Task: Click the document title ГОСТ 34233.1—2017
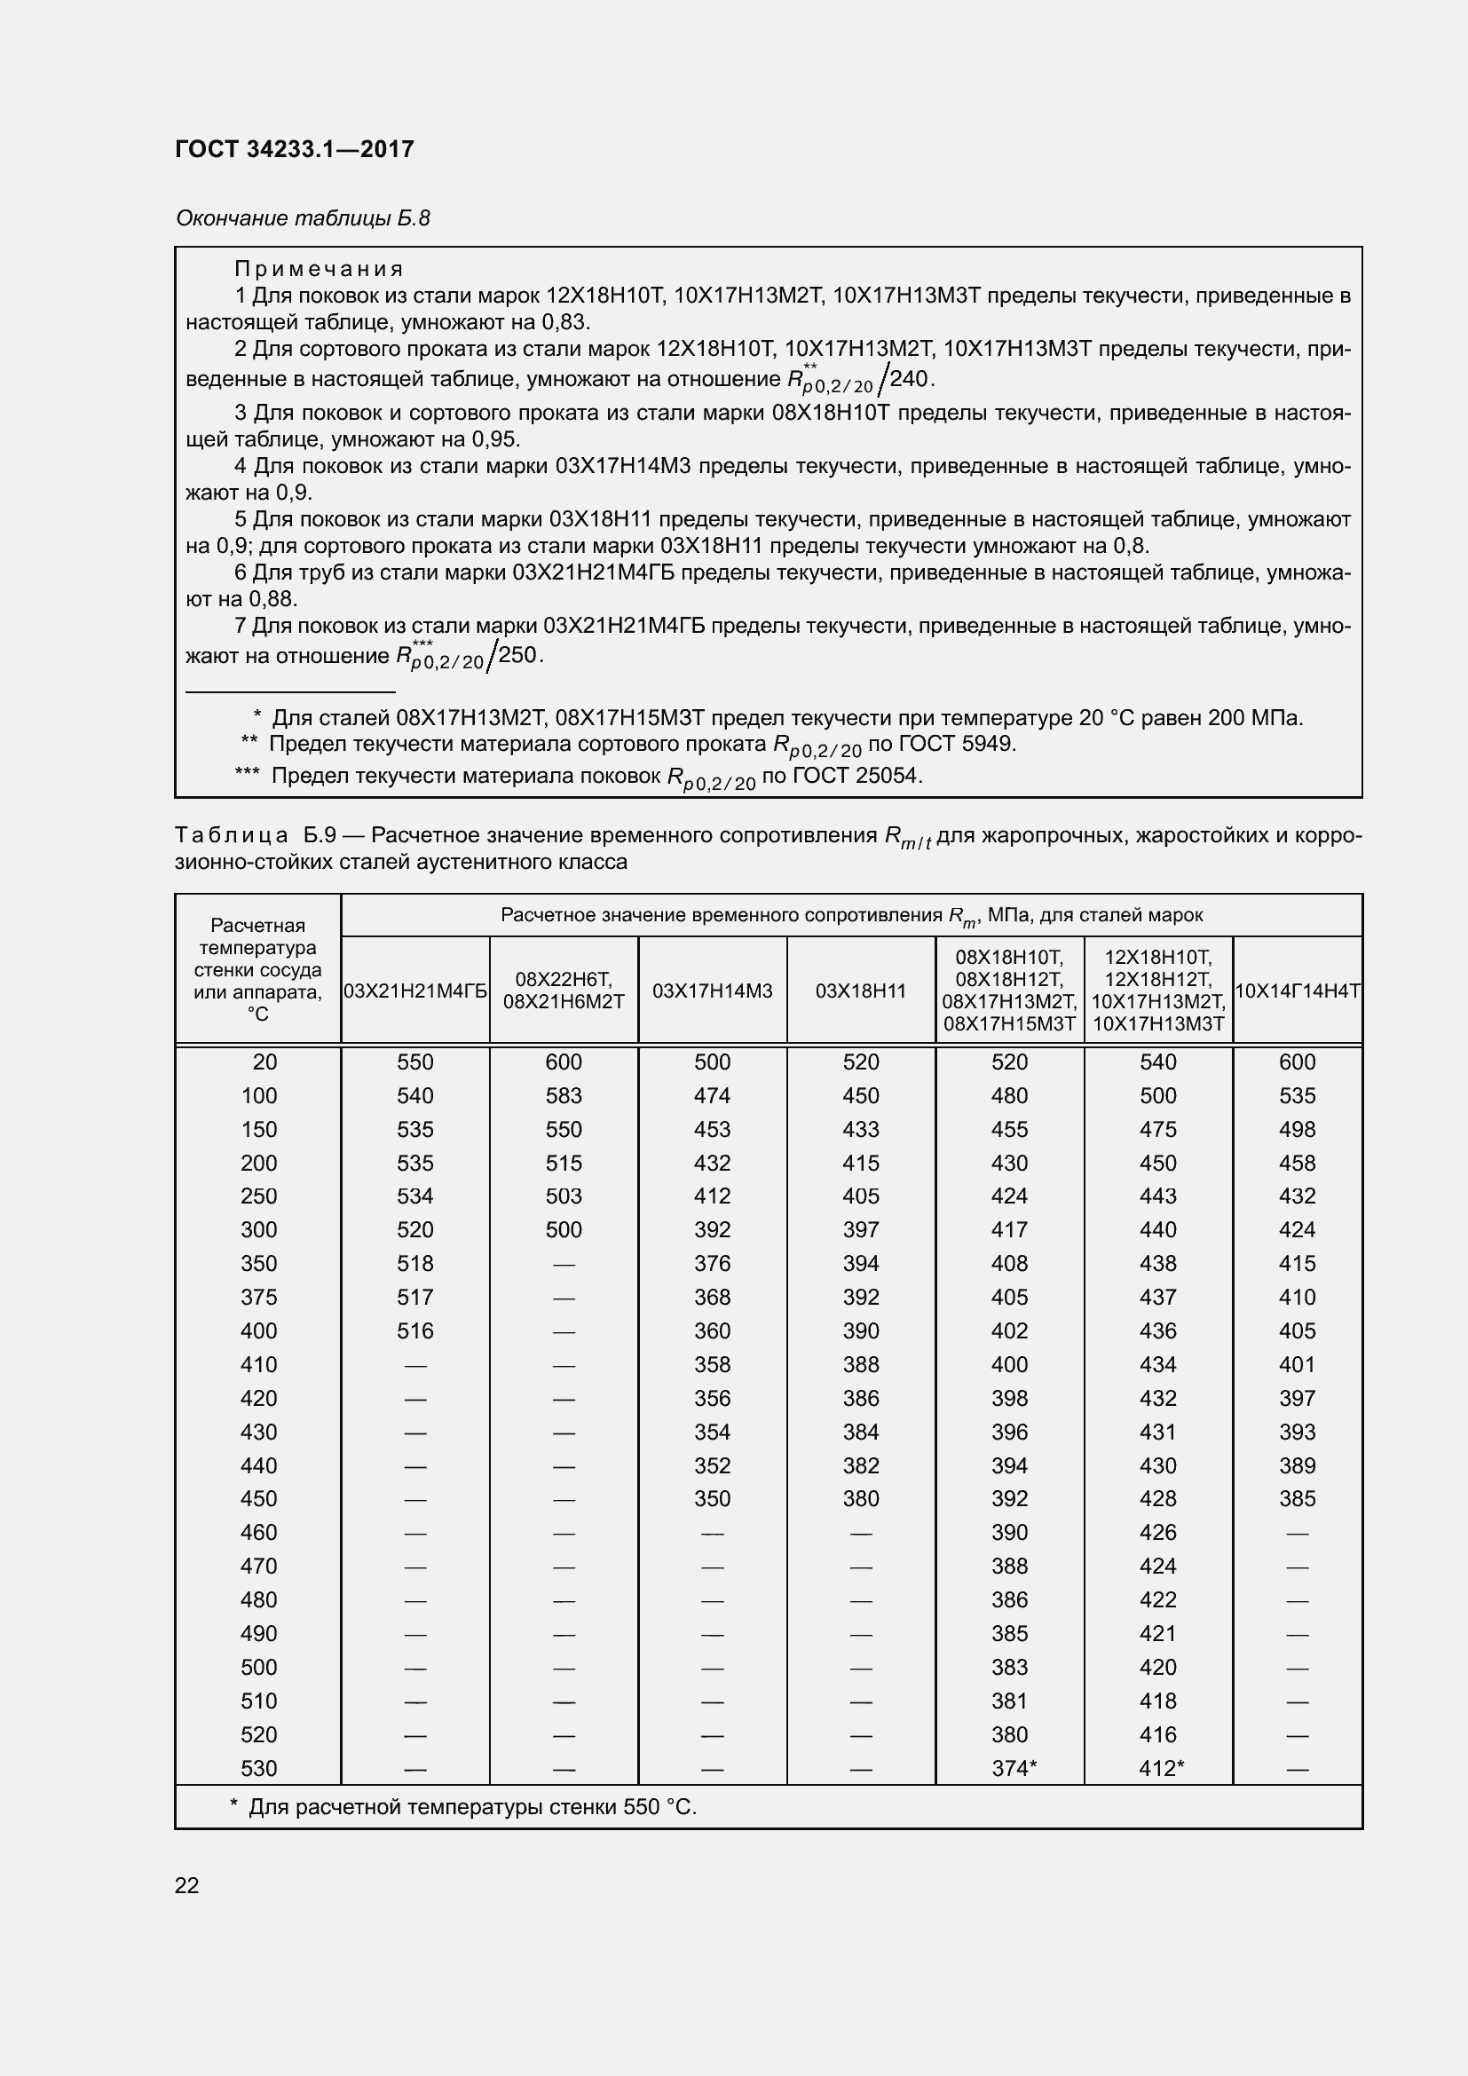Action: click(295, 149)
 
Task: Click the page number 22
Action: click(187, 1885)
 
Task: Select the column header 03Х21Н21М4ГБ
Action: click(414, 991)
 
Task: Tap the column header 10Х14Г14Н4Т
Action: click(1298, 991)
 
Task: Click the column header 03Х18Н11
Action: click(861, 991)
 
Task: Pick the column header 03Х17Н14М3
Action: click(713, 991)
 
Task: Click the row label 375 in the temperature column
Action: click(258, 1298)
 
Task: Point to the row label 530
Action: click(258, 1769)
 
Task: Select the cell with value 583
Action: click(564, 1096)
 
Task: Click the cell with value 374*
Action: click(1014, 1769)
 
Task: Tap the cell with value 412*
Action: click(1162, 1769)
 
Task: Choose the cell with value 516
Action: click(414, 1331)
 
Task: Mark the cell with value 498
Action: click(1298, 1129)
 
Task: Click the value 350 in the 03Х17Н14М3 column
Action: click(713, 1499)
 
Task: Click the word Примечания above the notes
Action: click(319, 269)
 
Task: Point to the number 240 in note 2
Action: click(910, 379)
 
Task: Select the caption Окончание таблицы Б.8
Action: click(303, 218)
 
